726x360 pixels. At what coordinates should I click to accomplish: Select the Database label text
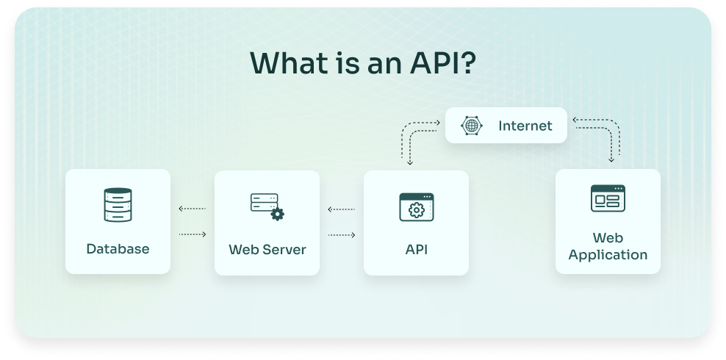pyautogui.click(x=118, y=249)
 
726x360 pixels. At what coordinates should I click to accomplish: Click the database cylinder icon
pyautogui.click(x=118, y=205)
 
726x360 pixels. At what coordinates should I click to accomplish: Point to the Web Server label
pyautogui.click(x=267, y=249)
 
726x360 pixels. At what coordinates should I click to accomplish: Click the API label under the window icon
pyautogui.click(x=416, y=249)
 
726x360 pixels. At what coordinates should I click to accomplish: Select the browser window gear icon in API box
pyautogui.click(x=416, y=207)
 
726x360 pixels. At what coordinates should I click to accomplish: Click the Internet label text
pyautogui.click(x=525, y=126)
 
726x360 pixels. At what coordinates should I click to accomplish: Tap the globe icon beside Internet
pyautogui.click(x=471, y=126)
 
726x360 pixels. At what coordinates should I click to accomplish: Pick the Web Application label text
pyautogui.click(x=608, y=246)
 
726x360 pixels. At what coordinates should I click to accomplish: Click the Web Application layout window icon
pyautogui.click(x=608, y=198)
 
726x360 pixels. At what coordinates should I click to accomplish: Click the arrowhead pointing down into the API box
pyautogui.click(x=410, y=162)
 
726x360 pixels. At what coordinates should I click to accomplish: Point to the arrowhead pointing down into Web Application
pyautogui.click(x=611, y=159)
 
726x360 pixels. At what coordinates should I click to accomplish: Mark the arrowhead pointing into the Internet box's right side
pyautogui.click(x=575, y=118)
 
